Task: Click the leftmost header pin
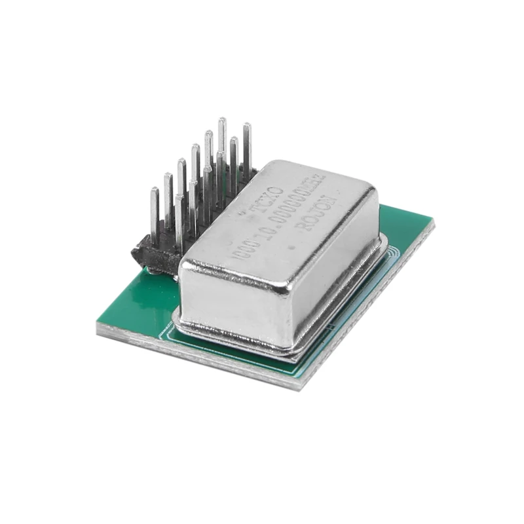click(x=155, y=216)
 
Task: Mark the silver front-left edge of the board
click(x=196, y=360)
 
